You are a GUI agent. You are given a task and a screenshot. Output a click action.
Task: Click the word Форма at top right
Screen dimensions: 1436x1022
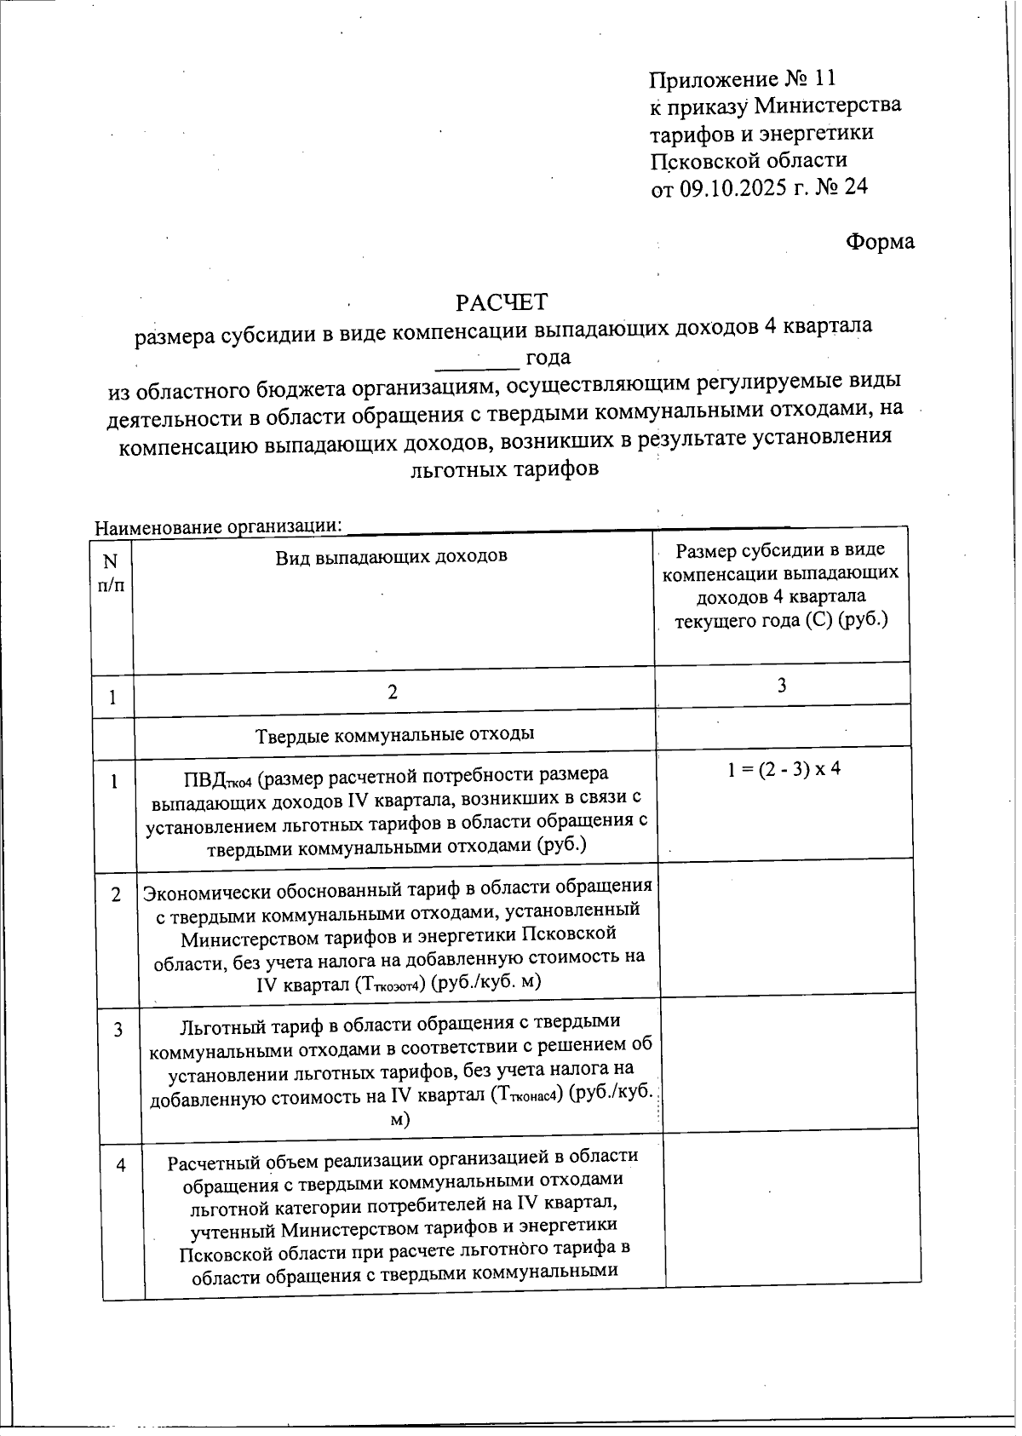pos(880,242)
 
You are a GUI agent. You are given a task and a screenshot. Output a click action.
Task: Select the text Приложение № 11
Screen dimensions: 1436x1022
pos(742,79)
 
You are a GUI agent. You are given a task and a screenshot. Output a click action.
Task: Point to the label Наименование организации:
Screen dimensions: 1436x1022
pos(218,526)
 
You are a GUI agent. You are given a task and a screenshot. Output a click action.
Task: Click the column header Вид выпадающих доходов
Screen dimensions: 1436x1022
pos(391,557)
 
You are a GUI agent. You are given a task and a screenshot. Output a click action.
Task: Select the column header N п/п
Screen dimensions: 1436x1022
pos(110,572)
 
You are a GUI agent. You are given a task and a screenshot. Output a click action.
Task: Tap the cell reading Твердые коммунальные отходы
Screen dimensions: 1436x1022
pos(394,734)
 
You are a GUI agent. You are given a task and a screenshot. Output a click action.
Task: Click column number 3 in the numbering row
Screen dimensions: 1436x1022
pos(781,686)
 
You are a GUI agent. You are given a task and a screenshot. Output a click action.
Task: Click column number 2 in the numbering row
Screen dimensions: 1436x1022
pos(393,692)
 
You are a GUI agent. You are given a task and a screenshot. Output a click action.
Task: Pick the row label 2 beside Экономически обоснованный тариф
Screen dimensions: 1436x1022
pos(116,895)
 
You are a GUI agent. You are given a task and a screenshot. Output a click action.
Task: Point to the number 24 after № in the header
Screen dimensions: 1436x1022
pos(854,187)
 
